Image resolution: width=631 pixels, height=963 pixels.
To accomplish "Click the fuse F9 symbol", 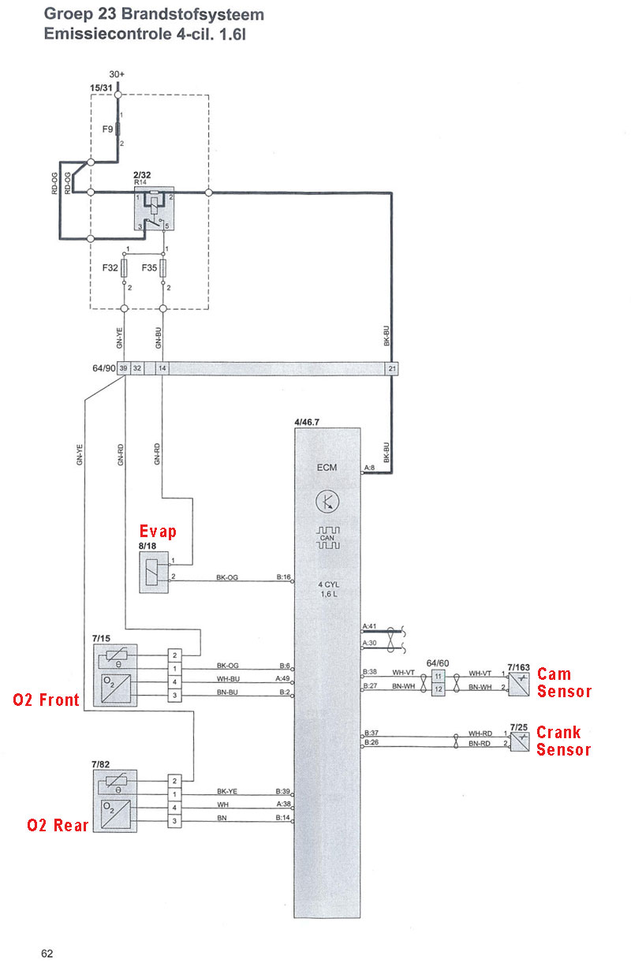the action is click(118, 129).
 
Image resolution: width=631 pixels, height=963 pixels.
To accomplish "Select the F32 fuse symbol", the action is click(124, 268).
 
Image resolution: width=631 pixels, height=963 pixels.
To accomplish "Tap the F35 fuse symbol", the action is click(163, 268).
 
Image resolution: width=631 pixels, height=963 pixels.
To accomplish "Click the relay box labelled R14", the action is click(154, 208).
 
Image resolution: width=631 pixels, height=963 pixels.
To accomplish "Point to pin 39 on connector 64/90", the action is click(123, 368).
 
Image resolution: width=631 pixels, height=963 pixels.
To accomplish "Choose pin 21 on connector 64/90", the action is click(392, 368).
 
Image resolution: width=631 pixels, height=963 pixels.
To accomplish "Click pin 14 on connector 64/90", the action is click(162, 368).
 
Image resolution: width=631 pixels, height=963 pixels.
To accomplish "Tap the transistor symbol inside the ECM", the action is click(327, 502).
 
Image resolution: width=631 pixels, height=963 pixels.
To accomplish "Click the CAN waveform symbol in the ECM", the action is click(328, 538).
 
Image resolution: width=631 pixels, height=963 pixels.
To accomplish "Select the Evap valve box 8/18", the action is click(154, 573).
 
